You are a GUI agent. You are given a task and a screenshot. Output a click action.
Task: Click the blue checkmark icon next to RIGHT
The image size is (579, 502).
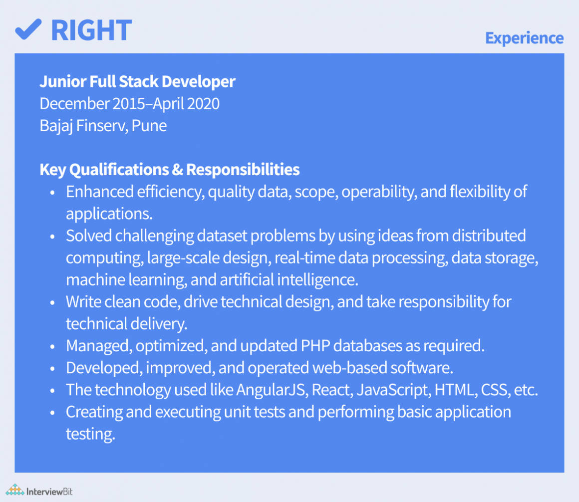(x=28, y=29)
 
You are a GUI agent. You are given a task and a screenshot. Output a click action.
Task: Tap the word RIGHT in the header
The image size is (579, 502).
(x=91, y=30)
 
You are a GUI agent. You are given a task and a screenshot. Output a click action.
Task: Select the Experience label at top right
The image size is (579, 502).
(x=525, y=38)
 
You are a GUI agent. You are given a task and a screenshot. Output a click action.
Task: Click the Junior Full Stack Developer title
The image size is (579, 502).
(x=137, y=81)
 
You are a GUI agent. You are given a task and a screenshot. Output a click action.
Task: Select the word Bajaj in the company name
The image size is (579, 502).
(x=56, y=126)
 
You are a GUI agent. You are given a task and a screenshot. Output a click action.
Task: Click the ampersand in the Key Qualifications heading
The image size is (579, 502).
(x=177, y=170)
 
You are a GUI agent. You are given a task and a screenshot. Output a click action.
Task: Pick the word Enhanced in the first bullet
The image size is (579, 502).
(x=100, y=192)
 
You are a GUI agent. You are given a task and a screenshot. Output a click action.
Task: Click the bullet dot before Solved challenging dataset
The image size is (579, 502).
(x=52, y=237)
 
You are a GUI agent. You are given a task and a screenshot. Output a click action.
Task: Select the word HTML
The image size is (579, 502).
(x=456, y=390)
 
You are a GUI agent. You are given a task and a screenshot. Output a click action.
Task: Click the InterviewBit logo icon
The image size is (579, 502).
(x=15, y=490)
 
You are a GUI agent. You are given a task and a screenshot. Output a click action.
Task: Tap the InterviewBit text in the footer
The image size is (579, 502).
(x=49, y=492)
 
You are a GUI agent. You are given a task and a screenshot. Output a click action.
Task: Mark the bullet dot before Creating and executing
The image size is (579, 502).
(x=52, y=413)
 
